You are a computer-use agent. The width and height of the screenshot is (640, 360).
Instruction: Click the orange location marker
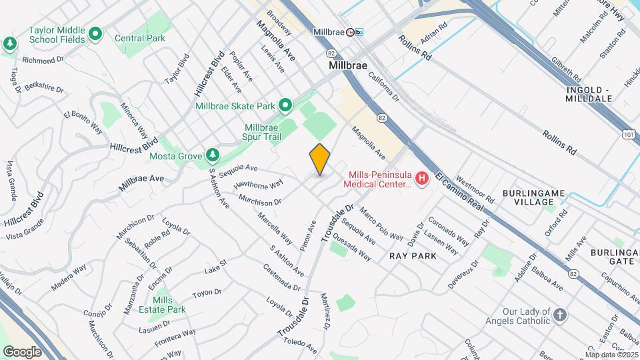click(x=320, y=160)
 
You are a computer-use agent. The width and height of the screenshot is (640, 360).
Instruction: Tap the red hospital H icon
click(x=421, y=179)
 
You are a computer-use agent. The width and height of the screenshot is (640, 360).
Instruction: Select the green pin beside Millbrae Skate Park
click(x=285, y=106)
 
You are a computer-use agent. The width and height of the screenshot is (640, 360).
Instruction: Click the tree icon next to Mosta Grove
click(x=213, y=155)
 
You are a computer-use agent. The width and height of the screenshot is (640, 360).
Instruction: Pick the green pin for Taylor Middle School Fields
click(x=95, y=33)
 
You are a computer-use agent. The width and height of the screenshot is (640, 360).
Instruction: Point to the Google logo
click(x=22, y=351)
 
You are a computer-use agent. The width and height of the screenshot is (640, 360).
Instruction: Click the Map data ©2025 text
click(x=611, y=355)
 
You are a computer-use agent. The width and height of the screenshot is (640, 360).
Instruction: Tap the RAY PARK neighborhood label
click(x=413, y=256)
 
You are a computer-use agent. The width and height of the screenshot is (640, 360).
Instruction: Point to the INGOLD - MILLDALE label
click(x=589, y=94)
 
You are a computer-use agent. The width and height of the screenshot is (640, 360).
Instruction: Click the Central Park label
click(x=139, y=38)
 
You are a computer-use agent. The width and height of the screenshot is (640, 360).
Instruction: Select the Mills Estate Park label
click(x=168, y=305)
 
